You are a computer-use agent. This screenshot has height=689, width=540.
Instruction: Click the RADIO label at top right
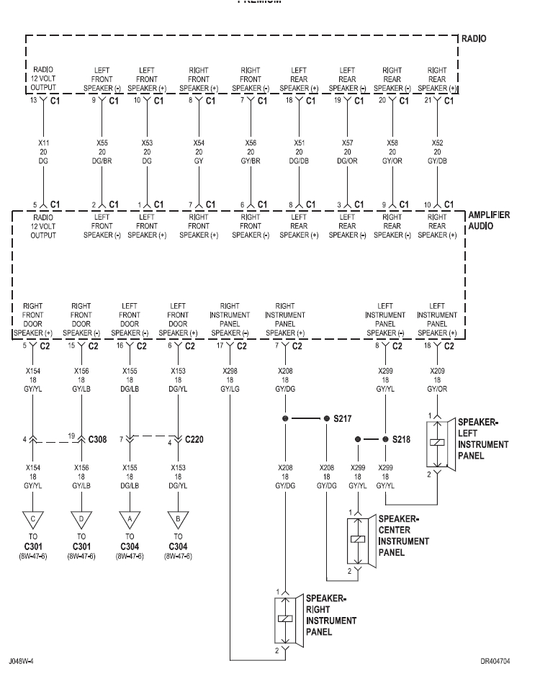pyautogui.click(x=476, y=39)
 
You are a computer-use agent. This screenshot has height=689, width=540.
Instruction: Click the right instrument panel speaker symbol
pyautogui.click(x=287, y=619)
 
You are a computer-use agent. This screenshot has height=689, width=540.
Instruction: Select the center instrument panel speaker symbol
pyautogui.click(x=354, y=539)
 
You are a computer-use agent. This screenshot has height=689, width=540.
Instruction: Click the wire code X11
pyautogui.click(x=42, y=143)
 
